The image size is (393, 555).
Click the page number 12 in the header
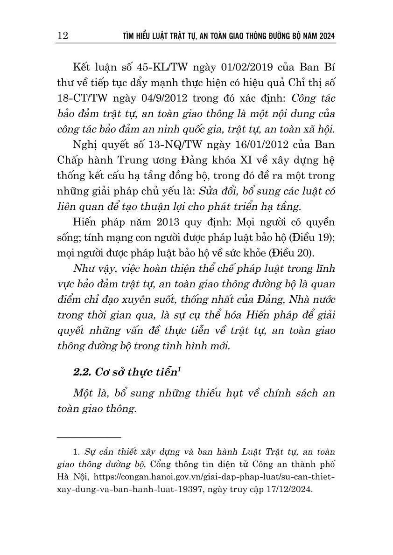62,36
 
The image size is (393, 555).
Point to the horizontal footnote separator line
89,437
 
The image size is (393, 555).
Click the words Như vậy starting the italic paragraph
93,271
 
